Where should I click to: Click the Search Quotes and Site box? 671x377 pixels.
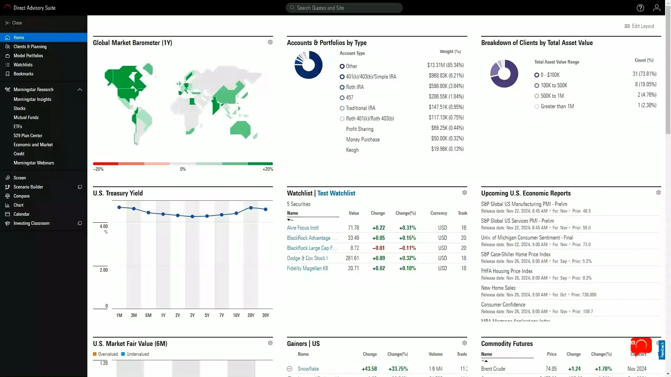[x=344, y=8]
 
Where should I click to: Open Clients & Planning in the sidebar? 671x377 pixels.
[x=30, y=46]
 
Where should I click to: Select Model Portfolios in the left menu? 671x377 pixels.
[x=28, y=56]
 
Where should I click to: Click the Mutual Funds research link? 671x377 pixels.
[x=26, y=117]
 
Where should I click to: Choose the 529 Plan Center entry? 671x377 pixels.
[x=28, y=135]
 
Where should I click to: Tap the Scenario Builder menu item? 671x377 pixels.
[x=28, y=187]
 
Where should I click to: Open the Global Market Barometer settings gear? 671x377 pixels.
[x=270, y=42]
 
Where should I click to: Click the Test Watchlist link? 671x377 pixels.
[x=336, y=193]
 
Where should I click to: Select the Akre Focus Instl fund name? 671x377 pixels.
[x=303, y=228]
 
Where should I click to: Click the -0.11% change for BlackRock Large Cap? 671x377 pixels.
[x=407, y=248]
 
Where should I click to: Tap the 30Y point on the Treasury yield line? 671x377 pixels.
[x=266, y=209]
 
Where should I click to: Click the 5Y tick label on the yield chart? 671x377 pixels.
[x=207, y=315]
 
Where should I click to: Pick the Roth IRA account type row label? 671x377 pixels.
[x=355, y=87]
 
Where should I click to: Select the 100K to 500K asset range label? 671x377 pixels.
[x=554, y=85]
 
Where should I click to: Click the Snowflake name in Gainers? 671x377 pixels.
[x=308, y=369]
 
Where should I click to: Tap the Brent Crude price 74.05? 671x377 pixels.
[x=551, y=369]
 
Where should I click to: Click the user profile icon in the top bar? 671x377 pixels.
[x=657, y=8]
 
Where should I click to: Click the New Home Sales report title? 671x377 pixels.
[x=498, y=288]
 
